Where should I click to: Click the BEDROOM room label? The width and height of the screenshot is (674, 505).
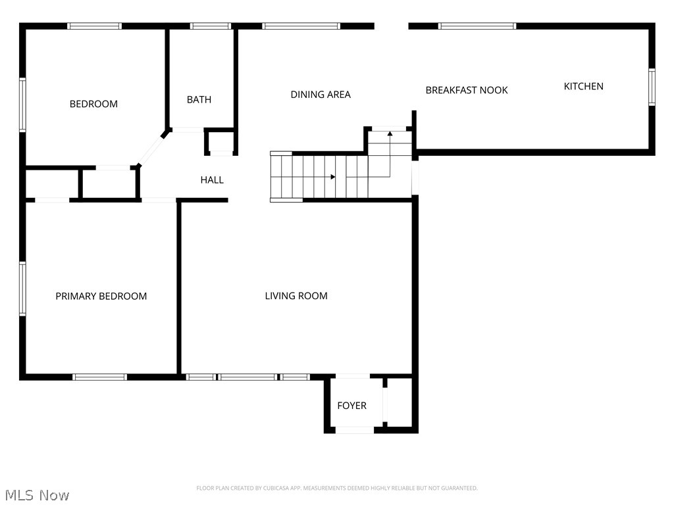pyautogui.click(x=93, y=104)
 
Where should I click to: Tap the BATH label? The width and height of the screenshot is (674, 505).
pyautogui.click(x=199, y=100)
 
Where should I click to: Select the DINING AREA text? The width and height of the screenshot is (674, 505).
pyautogui.click(x=321, y=95)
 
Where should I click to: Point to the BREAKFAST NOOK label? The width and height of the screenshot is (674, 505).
pyautogui.click(x=466, y=90)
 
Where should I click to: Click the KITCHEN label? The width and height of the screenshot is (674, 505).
pyautogui.click(x=583, y=86)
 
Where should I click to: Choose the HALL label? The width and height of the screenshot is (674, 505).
pyautogui.click(x=212, y=180)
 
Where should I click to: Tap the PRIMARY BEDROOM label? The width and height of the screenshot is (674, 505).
pyautogui.click(x=101, y=296)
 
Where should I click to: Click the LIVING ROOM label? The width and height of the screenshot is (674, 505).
pyautogui.click(x=296, y=296)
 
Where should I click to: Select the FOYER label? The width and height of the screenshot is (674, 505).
pyautogui.click(x=351, y=406)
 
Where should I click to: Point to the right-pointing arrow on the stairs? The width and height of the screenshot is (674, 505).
pyautogui.click(x=333, y=177)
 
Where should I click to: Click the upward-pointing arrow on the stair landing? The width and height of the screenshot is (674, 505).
pyautogui.click(x=390, y=134)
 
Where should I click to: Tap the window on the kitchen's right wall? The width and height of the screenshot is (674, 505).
pyautogui.click(x=652, y=87)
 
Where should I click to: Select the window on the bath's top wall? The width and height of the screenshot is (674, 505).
pyautogui.click(x=210, y=26)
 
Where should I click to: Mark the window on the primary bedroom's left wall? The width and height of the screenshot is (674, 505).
pyautogui.click(x=22, y=289)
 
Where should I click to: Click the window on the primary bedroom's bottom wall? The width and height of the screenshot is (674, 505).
pyautogui.click(x=99, y=377)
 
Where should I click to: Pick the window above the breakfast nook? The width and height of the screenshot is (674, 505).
pyautogui.click(x=477, y=26)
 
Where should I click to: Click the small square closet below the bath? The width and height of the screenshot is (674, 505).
pyautogui.click(x=220, y=142)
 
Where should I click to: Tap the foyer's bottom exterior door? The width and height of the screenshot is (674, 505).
pyautogui.click(x=355, y=430)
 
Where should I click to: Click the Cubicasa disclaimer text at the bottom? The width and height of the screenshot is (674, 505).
pyautogui.click(x=336, y=488)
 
